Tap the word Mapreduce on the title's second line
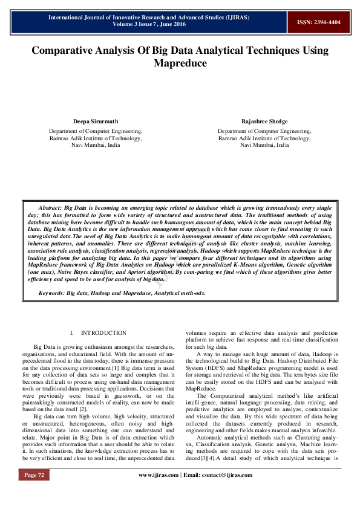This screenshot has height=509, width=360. (x=180, y=63)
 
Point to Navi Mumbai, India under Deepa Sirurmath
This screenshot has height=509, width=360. (x=96, y=146)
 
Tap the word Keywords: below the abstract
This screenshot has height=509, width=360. (x=52, y=293)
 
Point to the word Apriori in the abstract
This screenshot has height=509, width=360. (x=155, y=272)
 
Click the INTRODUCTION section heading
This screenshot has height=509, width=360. (x=103, y=333)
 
